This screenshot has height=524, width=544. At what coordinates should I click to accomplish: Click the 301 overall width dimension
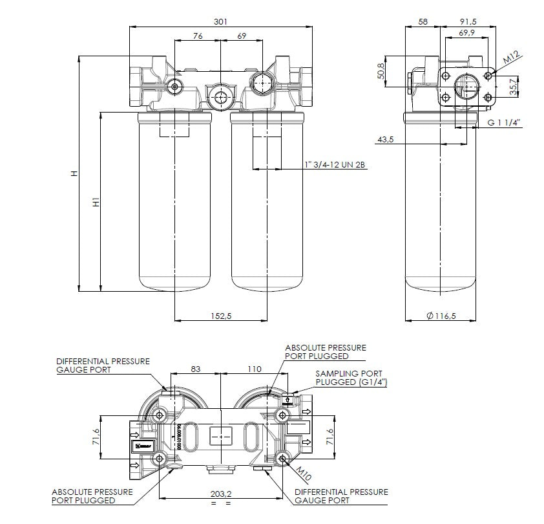coord(221,21)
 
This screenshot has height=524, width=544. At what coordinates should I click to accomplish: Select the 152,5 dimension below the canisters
coord(221,315)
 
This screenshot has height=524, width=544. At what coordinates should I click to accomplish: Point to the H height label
coord(74,173)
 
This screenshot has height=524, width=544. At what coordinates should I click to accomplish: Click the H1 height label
coord(96,202)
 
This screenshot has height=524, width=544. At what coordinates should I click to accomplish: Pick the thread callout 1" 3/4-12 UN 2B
coord(335,166)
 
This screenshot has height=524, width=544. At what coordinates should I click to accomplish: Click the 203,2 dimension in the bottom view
coord(221,494)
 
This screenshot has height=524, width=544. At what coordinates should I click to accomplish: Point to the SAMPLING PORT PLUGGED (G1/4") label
coord(348,378)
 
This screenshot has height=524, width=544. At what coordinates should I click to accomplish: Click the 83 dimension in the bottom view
coord(196,369)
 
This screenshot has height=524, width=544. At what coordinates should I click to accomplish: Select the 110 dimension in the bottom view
coord(255,369)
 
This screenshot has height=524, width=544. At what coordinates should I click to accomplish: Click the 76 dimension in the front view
coord(198,36)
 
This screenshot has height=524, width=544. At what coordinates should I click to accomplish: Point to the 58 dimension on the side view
coord(423,21)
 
